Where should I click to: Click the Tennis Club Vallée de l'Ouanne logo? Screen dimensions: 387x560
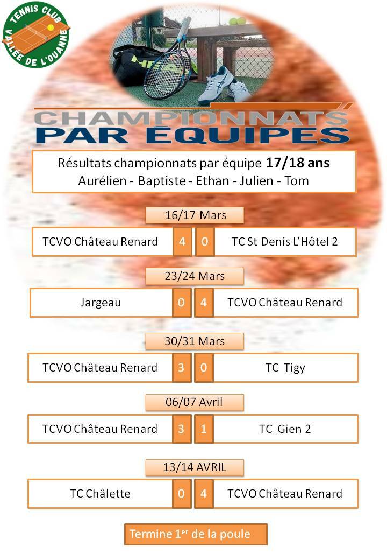(x=35, y=34)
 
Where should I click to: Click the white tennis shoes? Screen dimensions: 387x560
(x=223, y=86)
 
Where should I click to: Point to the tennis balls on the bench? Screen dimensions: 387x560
(x=238, y=21)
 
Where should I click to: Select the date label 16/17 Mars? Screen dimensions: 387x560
(x=195, y=215)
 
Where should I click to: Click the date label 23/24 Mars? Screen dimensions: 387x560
(x=195, y=276)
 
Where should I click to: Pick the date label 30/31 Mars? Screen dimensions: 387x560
(x=195, y=341)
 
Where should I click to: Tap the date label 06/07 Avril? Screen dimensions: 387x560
(x=194, y=402)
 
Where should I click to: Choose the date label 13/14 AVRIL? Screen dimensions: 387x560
(x=195, y=467)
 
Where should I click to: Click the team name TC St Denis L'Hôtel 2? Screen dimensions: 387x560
(x=285, y=242)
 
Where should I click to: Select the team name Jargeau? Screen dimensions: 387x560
(x=101, y=303)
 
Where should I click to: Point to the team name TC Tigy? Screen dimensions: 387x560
(x=285, y=368)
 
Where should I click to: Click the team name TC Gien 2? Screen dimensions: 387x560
(x=285, y=429)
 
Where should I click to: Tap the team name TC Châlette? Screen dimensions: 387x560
(x=100, y=494)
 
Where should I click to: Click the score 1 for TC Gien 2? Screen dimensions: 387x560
(x=204, y=429)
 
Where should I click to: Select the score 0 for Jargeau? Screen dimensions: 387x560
(x=181, y=303)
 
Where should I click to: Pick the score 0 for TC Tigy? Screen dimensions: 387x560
(x=204, y=367)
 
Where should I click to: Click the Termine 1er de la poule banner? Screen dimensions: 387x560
(x=196, y=534)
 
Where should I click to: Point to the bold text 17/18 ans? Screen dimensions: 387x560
(x=298, y=163)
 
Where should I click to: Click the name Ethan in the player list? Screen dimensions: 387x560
(x=212, y=181)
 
